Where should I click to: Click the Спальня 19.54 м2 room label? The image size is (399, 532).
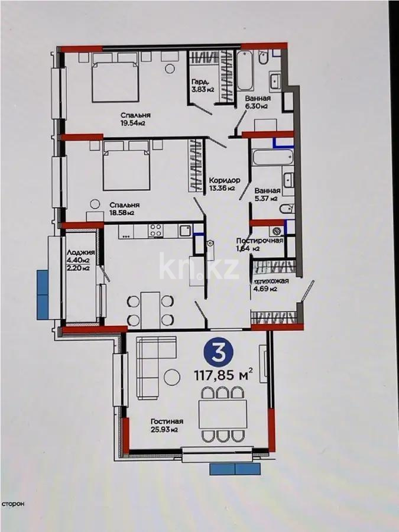tap(133, 119)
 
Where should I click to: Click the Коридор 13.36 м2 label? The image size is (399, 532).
tap(223, 184)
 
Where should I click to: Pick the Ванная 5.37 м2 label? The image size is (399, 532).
tap(267, 195)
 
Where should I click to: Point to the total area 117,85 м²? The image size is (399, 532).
tap(223, 375)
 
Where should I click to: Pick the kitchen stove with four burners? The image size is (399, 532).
tap(155, 230)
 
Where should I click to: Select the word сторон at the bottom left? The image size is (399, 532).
tap(12, 504)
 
